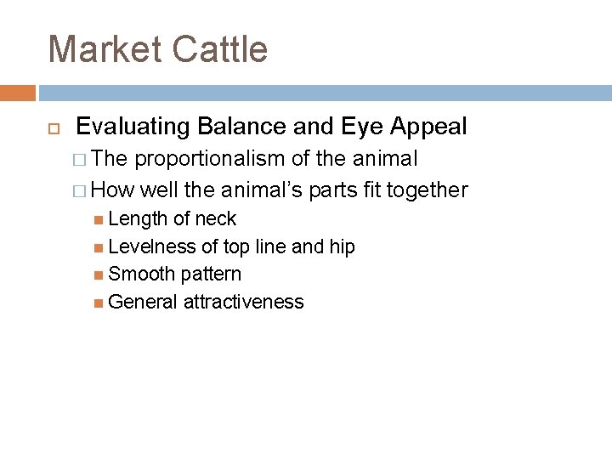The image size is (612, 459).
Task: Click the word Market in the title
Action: (x=105, y=49)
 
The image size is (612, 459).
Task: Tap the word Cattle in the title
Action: (x=219, y=49)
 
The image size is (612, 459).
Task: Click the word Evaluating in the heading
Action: (x=133, y=127)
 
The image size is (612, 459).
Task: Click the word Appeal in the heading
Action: (x=428, y=127)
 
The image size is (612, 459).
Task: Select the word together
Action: (x=424, y=190)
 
